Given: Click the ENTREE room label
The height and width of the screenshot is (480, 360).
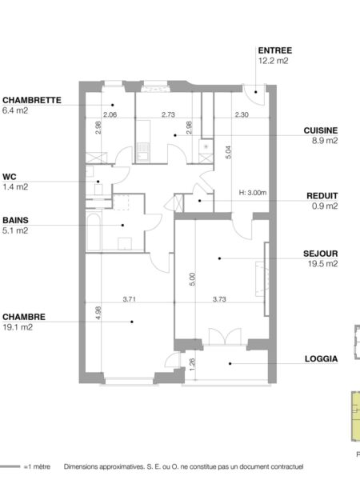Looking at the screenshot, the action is point(274,50).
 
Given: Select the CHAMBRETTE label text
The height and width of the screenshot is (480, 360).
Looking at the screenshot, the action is point(32,101).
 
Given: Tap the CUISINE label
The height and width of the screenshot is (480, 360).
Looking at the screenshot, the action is point(321,130).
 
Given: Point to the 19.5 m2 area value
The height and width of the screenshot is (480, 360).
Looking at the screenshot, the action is point(322,263).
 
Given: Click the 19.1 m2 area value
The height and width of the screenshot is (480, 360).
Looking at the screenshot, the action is point(18,327).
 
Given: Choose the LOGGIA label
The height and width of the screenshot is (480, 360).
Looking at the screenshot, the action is point(321,358).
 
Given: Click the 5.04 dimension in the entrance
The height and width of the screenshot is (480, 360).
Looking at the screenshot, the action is point(228,152).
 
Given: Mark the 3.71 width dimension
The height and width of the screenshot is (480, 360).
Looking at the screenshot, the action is point(129,299).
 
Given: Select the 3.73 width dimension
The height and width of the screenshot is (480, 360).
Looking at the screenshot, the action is point(219,299).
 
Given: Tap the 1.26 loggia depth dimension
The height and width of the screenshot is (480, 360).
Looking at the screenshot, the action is point(192,364).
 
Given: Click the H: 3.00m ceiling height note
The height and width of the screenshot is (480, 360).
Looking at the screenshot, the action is point(253,193).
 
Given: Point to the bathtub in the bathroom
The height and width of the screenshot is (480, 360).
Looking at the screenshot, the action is point(94,232).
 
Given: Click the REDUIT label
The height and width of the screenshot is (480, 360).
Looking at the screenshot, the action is point(322,196).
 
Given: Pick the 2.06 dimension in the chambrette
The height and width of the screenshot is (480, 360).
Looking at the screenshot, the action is point(110,114).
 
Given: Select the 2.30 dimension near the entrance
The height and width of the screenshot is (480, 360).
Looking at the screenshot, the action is point(242,114).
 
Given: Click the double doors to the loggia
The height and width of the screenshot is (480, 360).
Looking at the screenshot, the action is point(225,337).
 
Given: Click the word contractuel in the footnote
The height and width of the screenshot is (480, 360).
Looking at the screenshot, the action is point(287,467).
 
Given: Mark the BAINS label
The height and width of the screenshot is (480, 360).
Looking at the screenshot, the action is point(15,221).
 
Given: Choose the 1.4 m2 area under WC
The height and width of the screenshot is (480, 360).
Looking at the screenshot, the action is point(15,186).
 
